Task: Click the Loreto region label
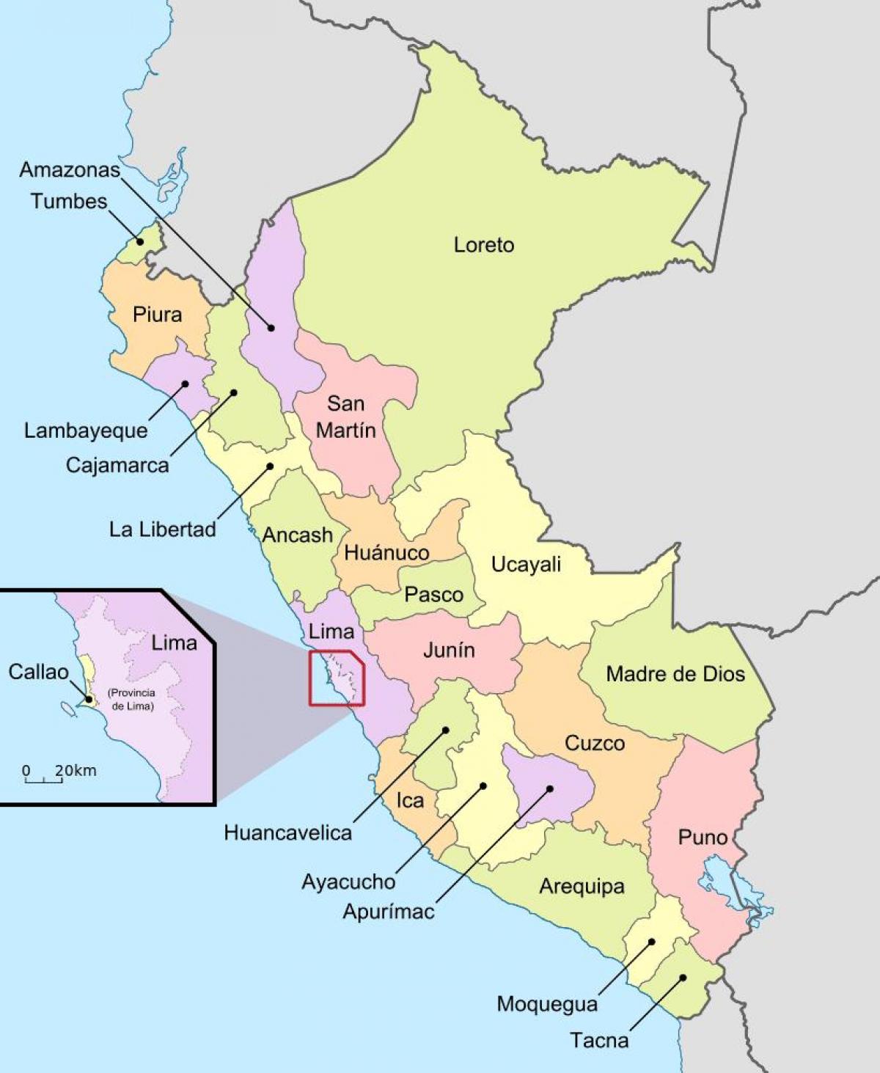(483, 245)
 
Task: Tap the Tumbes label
(69, 202)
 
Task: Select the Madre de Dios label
(675, 674)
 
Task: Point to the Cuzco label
(595, 743)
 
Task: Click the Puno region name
(703, 837)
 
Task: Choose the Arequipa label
(582, 886)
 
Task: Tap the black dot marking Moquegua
(651, 942)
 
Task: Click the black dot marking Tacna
(683, 977)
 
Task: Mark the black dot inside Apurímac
(549, 789)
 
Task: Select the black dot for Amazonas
(271, 328)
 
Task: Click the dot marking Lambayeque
(186, 384)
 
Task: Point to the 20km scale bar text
(75, 771)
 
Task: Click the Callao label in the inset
(38, 672)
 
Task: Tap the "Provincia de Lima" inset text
(131, 700)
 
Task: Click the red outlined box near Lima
(337, 678)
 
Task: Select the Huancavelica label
(287, 832)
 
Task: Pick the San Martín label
(345, 417)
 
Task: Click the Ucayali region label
(526, 564)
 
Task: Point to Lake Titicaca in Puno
(733, 891)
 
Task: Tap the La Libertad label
(162, 529)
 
